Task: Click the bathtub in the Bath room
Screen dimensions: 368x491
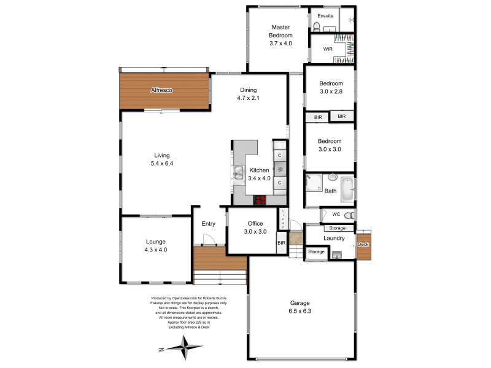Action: (347, 189)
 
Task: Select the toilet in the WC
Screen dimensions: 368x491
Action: (349, 215)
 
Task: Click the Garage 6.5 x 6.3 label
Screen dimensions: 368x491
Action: (300, 307)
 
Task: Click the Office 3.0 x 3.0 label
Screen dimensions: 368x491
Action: (255, 228)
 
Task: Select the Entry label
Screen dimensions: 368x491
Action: (208, 224)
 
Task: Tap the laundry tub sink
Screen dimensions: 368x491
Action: (336, 255)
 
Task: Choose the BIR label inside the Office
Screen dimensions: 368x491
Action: (281, 243)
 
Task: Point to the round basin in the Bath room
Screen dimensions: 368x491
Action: (332, 177)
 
